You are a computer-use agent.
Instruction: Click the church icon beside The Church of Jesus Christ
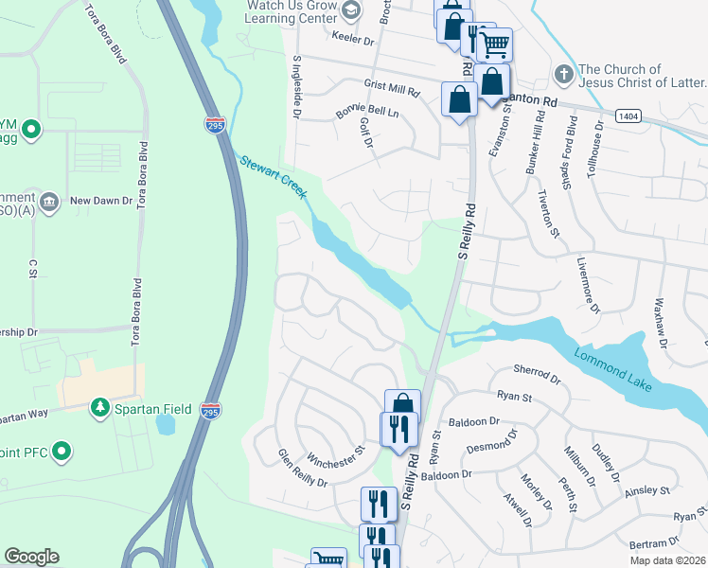[563, 74]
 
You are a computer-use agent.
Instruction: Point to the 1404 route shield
[626, 115]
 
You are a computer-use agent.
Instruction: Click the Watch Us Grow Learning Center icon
[352, 9]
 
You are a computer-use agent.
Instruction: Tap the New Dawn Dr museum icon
[51, 201]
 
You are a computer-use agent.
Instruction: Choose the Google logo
[31, 557]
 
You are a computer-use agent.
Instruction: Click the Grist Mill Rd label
[391, 88]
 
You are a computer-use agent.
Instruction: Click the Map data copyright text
[667, 560]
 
